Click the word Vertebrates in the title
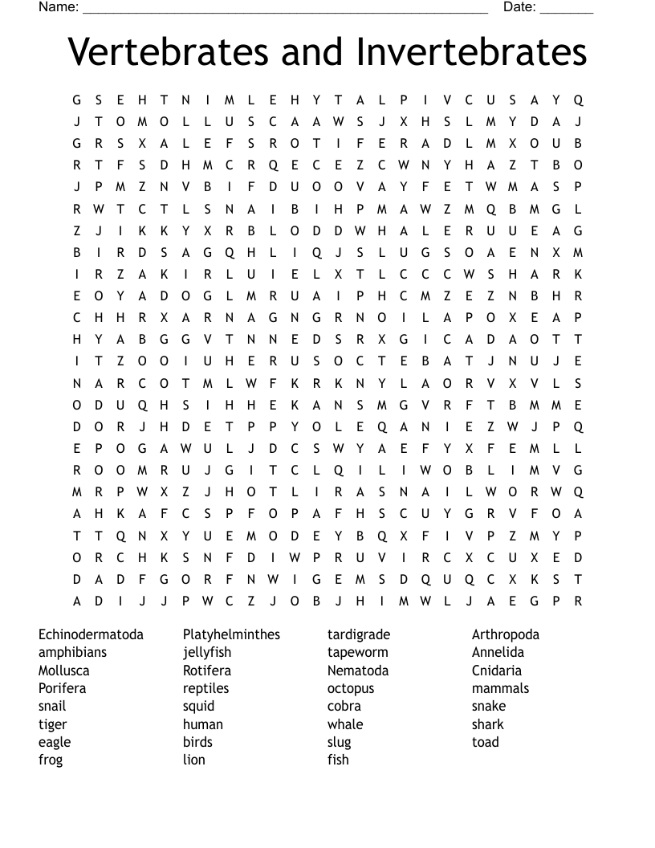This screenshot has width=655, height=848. [169, 52]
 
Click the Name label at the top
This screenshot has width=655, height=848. [59, 7]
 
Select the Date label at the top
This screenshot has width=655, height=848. [519, 7]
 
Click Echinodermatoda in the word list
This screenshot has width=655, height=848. [91, 634]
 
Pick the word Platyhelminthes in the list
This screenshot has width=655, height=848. [231, 634]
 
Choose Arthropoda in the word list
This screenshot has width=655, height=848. [505, 634]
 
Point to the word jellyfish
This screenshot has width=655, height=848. [206, 652]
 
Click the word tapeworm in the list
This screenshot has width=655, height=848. [357, 652]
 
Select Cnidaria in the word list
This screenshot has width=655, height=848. [496, 671]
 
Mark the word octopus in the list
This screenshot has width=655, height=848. [351, 688]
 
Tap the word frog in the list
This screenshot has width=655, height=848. [51, 760]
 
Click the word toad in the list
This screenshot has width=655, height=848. [485, 742]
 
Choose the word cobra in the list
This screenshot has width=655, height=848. [344, 706]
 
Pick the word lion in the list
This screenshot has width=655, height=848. [193, 760]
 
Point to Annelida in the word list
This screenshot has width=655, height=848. [498, 652]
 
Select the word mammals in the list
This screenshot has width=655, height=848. [500, 688]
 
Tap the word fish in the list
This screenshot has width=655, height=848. [338, 760]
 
